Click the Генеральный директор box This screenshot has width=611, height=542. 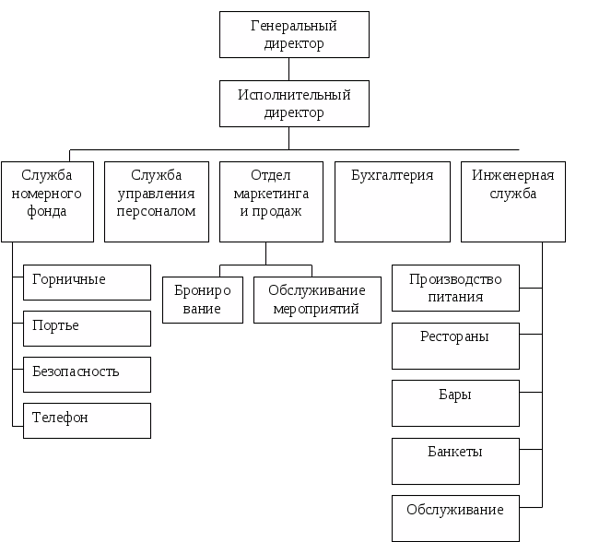pos(294,34)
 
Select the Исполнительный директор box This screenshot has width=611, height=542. pos(294,103)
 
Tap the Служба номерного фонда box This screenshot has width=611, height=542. pos(47,201)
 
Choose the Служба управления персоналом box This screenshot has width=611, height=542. pos(156,201)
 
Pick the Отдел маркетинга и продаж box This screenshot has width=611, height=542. pos(271,201)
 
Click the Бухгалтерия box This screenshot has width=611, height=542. pos(392,201)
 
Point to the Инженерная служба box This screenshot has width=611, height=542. pos(513,201)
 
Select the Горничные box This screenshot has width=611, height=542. pos(87,282)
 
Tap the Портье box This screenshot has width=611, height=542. pos(87,327)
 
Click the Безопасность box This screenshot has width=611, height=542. pos(87,373)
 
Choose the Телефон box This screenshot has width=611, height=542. pos(87,419)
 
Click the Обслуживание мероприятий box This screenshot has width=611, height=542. pos(317,300)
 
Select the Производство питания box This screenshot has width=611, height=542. pos(455,289)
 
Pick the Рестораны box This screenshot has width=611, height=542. pos(455,346)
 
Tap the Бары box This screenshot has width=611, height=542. pos(455,404)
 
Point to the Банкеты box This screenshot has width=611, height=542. pos(455,461)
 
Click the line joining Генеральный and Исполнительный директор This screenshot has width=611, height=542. pos(290,69)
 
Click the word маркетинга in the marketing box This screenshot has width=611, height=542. pos(271,194)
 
